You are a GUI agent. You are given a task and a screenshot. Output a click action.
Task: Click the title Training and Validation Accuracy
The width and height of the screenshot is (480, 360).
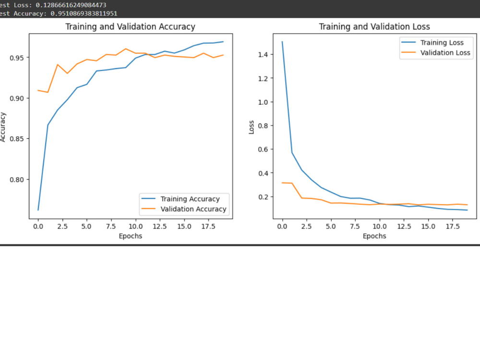click(x=130, y=27)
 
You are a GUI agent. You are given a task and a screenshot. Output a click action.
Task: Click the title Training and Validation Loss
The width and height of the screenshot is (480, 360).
click(x=374, y=27)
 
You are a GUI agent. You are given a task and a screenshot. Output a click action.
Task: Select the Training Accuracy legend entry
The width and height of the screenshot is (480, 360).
click(x=190, y=199)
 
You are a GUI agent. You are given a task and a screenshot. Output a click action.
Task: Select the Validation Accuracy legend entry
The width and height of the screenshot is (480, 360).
click(x=193, y=209)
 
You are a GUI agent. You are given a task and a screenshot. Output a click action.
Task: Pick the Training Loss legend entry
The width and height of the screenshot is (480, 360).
click(x=442, y=43)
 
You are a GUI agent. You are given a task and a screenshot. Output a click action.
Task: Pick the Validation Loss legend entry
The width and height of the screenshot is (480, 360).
click(x=445, y=52)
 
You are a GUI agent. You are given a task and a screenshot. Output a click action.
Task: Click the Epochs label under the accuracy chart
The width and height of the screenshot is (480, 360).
click(x=130, y=236)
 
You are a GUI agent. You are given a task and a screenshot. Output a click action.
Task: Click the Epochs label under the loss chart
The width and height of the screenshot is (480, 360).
click(x=374, y=236)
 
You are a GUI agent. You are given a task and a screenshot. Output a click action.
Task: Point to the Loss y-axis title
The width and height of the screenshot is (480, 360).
click(x=252, y=126)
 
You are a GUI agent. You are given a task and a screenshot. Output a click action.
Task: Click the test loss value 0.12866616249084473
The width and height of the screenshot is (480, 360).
click(x=71, y=5)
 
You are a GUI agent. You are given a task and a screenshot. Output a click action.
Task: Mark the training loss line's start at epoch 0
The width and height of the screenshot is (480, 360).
click(x=282, y=42)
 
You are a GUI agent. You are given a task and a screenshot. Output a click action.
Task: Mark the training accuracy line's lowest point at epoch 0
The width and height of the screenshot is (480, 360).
click(x=38, y=210)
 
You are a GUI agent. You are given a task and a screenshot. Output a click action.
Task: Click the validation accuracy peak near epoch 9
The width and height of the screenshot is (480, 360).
click(x=126, y=49)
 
